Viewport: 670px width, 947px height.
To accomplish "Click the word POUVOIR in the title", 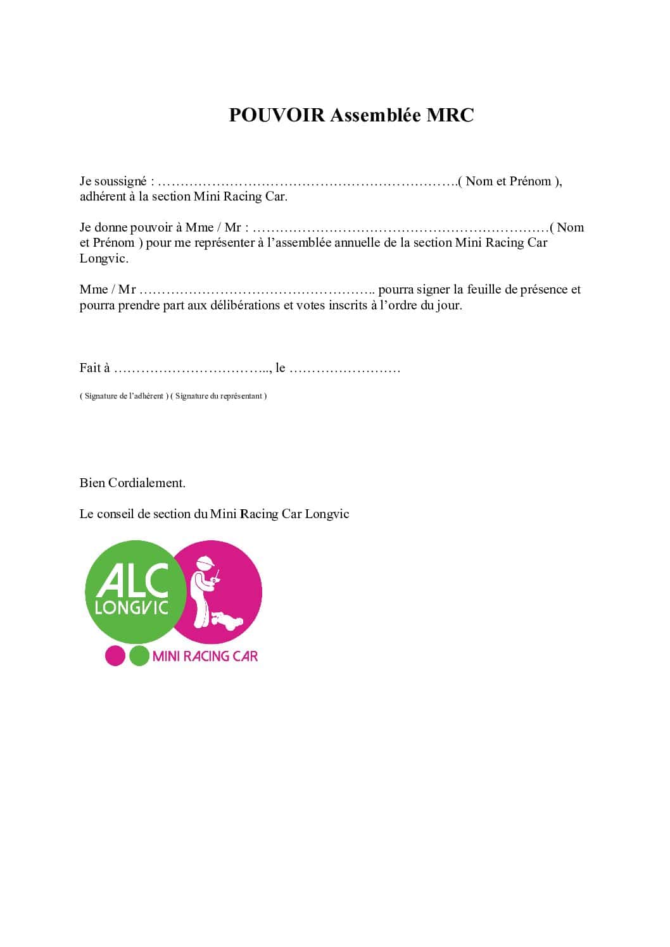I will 277,115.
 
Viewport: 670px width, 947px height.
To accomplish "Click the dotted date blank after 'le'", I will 344,369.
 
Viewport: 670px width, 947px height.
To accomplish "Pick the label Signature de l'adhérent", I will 124,396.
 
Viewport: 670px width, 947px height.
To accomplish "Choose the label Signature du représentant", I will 219,396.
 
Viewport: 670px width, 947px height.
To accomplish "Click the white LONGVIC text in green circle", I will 131,607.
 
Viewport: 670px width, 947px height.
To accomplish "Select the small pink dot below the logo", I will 115,655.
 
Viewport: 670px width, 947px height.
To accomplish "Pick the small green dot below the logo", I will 139,655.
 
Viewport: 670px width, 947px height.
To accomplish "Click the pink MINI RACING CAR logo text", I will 205,656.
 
